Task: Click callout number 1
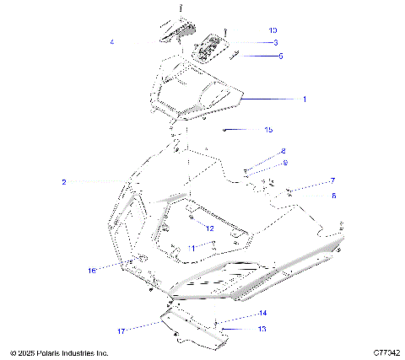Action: click(304, 99)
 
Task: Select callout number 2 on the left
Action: click(63, 181)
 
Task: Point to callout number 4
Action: click(112, 41)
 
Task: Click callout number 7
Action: click(309, 181)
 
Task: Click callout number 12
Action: click(210, 228)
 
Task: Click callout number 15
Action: click(268, 130)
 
